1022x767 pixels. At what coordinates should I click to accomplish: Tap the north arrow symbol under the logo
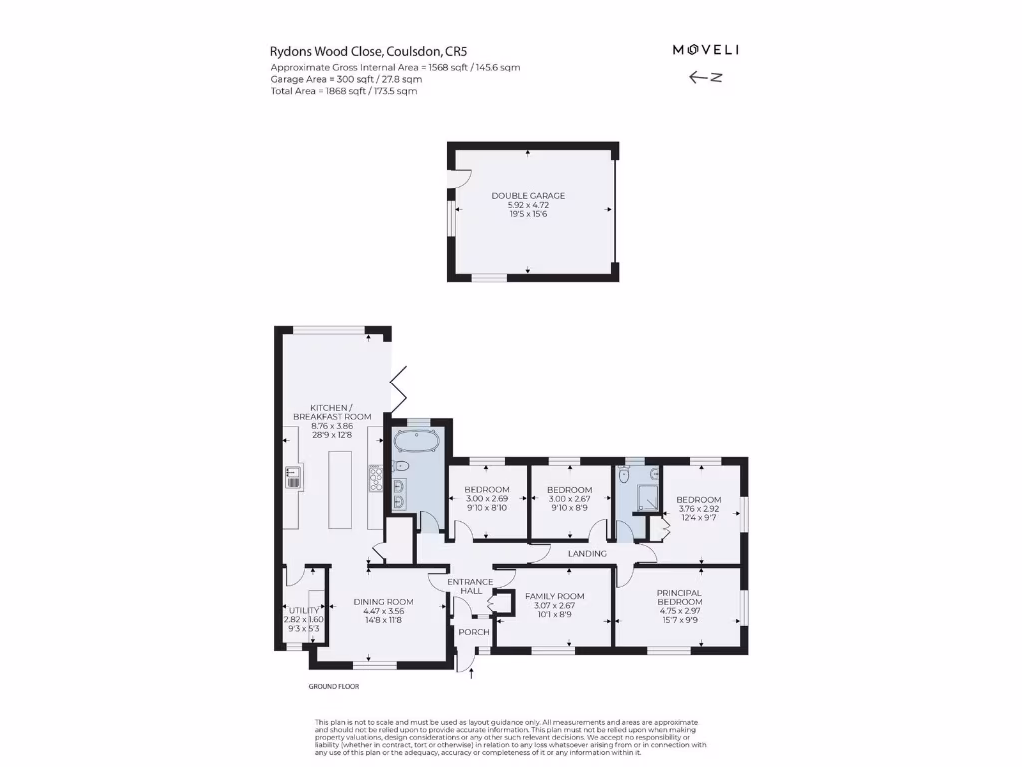(705, 77)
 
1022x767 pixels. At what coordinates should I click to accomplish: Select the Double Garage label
(528, 196)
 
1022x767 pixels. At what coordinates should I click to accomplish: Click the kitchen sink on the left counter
(294, 478)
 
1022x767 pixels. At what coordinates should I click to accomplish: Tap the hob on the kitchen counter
(377, 479)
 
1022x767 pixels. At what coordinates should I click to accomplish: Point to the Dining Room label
(383, 602)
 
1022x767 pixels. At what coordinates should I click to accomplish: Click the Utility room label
(303, 610)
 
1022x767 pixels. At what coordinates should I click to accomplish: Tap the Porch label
(473, 632)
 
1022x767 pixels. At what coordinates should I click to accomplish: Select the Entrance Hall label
(470, 586)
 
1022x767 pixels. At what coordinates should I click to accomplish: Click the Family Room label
(554, 596)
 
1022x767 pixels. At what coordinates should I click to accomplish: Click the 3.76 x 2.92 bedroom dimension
(698, 509)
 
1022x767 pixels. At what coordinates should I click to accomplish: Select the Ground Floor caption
(334, 687)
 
